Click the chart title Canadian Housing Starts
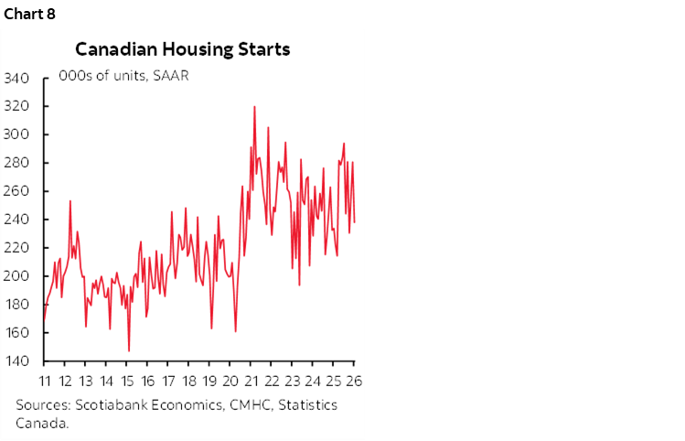(182, 48)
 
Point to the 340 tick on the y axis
(19, 79)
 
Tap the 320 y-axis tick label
(19, 106)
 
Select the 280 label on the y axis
(19, 163)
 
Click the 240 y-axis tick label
(19, 220)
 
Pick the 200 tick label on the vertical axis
(19, 276)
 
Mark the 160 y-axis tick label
(19, 333)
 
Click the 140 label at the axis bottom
(19, 361)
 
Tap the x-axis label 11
(44, 382)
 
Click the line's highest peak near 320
(253, 107)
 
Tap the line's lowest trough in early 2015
(129, 350)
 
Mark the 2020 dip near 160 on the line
(236, 331)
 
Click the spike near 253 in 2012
(70, 200)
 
